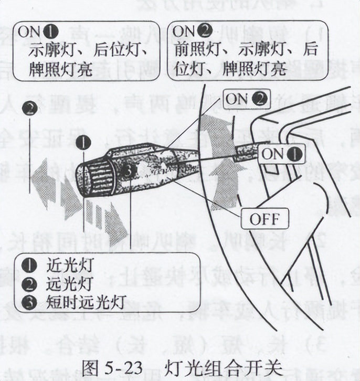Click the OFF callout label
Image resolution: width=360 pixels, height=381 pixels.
(264, 218)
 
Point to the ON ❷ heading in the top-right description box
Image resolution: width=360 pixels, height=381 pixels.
(192, 31)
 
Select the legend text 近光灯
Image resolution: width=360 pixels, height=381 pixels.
(62, 264)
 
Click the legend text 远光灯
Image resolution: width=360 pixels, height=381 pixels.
(62, 284)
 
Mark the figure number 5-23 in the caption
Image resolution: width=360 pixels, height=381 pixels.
(122, 365)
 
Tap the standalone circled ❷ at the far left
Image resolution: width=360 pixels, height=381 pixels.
(31, 109)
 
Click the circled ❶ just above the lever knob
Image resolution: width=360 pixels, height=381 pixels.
(83, 142)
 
